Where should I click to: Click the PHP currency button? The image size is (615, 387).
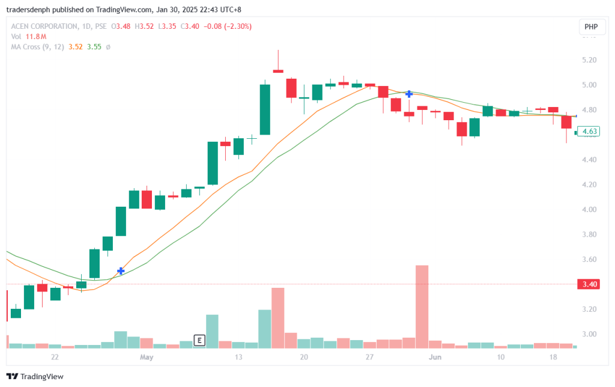click(x=591, y=27)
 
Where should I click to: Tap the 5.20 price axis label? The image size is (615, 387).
click(x=589, y=60)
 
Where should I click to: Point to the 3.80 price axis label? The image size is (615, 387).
click(x=589, y=234)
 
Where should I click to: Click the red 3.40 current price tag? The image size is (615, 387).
click(x=589, y=284)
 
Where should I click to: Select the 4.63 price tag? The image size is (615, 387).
click(x=589, y=131)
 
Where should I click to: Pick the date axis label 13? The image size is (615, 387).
click(x=238, y=358)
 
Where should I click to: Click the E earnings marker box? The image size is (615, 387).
click(x=199, y=341)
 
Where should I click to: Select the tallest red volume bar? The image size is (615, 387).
click(x=422, y=306)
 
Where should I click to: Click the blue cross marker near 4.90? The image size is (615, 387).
click(x=409, y=94)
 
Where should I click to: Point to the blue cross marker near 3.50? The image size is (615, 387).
click(x=121, y=271)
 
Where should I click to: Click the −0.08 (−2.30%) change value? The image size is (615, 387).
click(x=230, y=26)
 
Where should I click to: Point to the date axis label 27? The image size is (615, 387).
click(x=369, y=358)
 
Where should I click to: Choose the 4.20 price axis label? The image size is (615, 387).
click(x=589, y=184)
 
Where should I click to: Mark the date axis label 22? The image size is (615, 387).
click(x=55, y=358)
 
